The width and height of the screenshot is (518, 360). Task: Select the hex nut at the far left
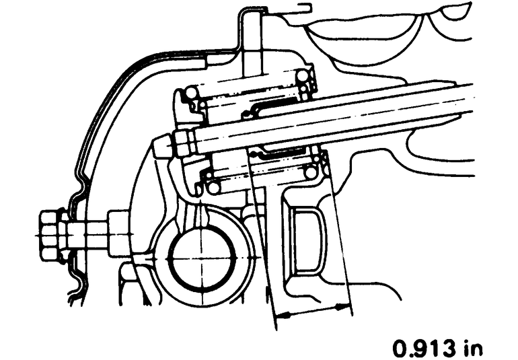tap(50, 236)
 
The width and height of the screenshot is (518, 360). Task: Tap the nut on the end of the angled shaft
tap(183, 143)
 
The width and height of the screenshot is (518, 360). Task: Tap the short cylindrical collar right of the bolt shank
tap(118, 233)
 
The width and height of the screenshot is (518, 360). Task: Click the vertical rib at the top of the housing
tap(252, 40)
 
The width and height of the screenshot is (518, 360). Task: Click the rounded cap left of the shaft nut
tap(161, 146)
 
